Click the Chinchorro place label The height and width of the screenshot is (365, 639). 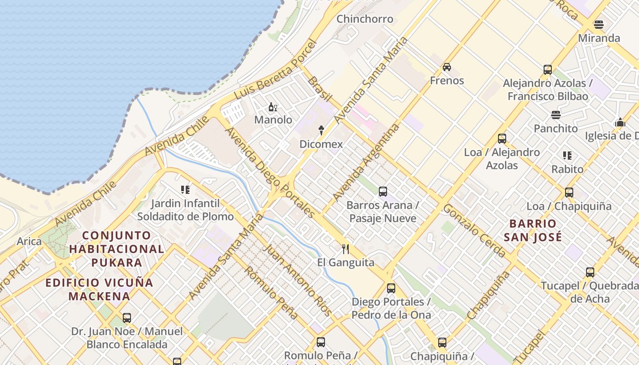[365, 19]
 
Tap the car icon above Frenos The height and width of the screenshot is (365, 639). [447, 67]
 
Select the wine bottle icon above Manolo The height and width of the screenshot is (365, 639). [273, 107]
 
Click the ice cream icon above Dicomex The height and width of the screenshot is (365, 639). [321, 130]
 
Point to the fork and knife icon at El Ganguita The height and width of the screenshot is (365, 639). [346, 249]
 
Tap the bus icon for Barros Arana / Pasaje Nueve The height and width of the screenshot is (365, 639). [383, 192]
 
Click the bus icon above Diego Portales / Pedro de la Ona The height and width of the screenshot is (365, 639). [391, 288]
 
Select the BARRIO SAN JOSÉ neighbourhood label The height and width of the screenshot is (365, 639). [533, 230]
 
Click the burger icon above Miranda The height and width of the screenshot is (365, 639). [599, 25]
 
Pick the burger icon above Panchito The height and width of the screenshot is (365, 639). [555, 115]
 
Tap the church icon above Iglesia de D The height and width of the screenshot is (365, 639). [620, 122]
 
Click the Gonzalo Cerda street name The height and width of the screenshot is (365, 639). [474, 230]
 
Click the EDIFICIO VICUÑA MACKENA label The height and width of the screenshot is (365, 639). [100, 289]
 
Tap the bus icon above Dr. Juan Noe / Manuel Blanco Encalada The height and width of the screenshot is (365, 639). [127, 318]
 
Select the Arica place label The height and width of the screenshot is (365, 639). [29, 241]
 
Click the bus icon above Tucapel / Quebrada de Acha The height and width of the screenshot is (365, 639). [590, 273]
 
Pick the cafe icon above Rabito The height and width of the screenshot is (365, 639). [567, 156]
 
